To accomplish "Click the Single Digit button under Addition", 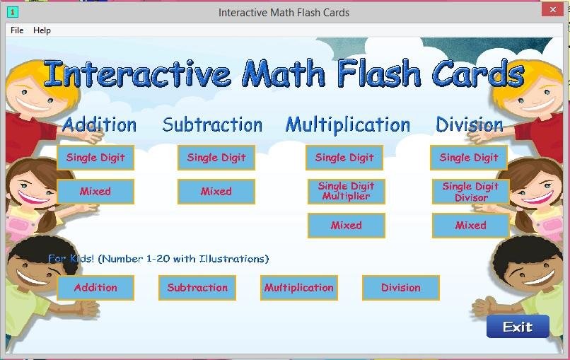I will [95, 158].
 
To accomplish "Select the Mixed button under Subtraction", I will [216, 191].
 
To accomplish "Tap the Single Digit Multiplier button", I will [347, 191].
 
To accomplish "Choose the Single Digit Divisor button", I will [470, 191].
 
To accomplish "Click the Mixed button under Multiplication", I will [347, 226].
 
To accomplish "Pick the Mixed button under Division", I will [470, 226].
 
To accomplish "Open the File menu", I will [17, 30].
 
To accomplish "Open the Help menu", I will [42, 30].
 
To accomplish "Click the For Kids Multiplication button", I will [299, 288].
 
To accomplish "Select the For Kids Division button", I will [401, 288].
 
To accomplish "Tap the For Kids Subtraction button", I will [197, 288].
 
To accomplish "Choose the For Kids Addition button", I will [95, 288].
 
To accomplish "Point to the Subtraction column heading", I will [212, 125].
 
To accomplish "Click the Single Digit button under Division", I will [469, 158].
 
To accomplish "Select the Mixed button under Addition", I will [95, 191].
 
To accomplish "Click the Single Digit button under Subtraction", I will [216, 158].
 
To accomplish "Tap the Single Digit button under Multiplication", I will [344, 158].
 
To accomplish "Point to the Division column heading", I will [470, 125].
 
